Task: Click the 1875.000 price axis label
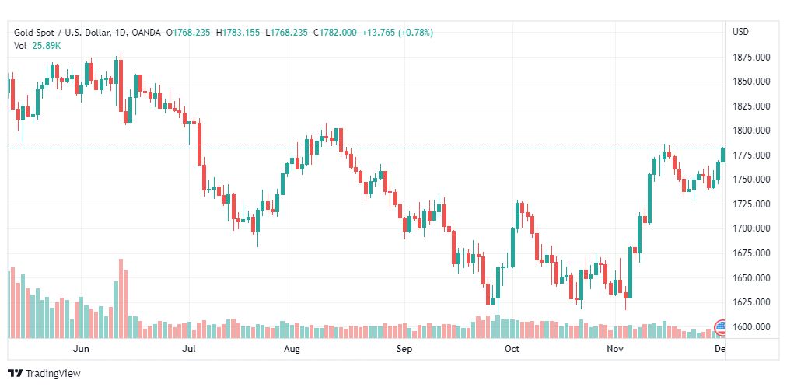point(750,57)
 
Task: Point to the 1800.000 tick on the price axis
point(750,131)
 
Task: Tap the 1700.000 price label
point(750,228)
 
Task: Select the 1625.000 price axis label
point(750,302)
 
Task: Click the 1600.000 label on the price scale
point(750,326)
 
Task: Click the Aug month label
point(292,350)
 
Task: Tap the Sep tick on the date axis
point(404,350)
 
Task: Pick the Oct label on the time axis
point(512,350)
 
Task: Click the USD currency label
point(740,32)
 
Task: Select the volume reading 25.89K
point(46,46)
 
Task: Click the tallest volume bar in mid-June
point(121,299)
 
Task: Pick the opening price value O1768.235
point(188,32)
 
